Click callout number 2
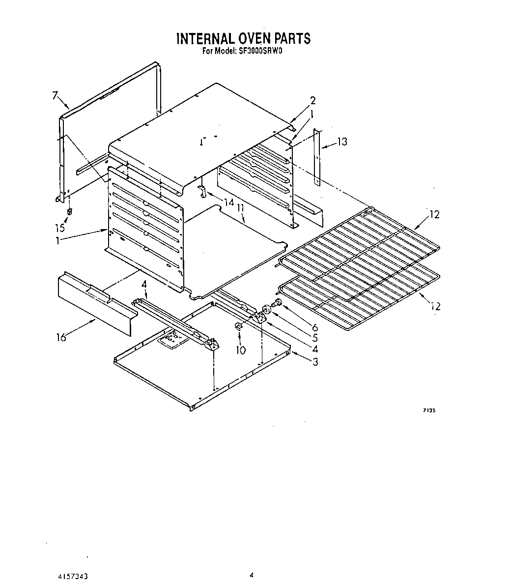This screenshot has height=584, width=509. pos(312,101)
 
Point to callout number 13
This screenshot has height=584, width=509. pos(342,142)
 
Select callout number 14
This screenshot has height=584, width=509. pos(228,202)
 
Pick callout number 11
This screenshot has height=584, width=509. pos(240,209)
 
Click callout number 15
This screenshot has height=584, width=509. pos(59,228)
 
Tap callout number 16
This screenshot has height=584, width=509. pos(61,338)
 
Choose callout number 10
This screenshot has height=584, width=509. pos(241,350)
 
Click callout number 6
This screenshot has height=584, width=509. pos(314,327)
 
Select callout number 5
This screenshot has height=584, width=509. pos(314,338)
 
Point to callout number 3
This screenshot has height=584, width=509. pos(315,362)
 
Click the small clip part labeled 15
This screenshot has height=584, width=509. pos(69,211)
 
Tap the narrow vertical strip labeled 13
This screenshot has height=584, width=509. pos(317,157)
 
